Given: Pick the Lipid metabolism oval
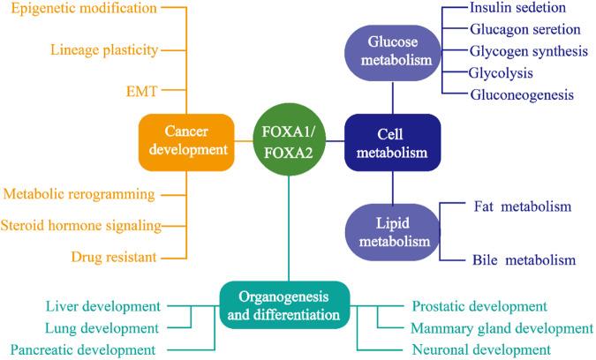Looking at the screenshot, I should pyautogui.click(x=392, y=232).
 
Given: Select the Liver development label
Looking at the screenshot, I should pyautogui.click(x=103, y=306).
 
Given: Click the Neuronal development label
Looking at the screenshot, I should pyautogui.click(x=481, y=349).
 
